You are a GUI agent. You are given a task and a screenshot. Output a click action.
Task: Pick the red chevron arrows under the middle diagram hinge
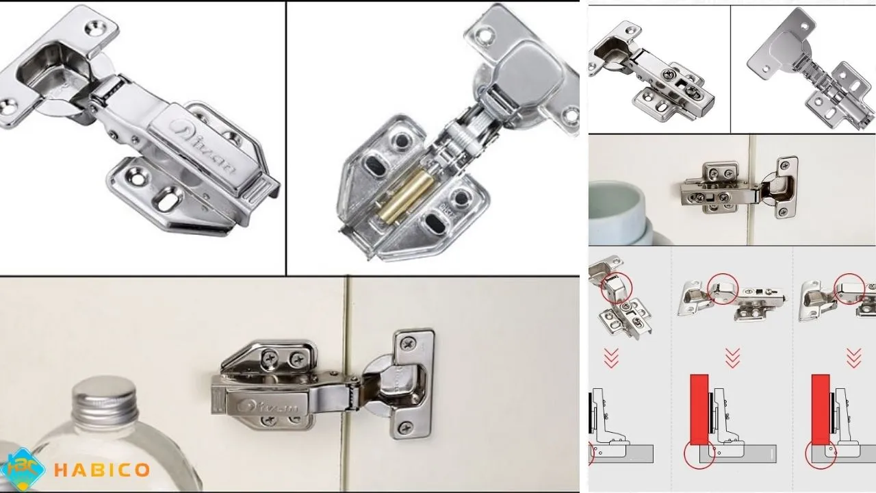tap(732, 357)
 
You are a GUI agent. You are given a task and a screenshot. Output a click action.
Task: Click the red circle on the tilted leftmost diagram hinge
tap(617, 289)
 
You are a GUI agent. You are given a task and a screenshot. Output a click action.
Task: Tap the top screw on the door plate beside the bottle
tap(409, 342)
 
